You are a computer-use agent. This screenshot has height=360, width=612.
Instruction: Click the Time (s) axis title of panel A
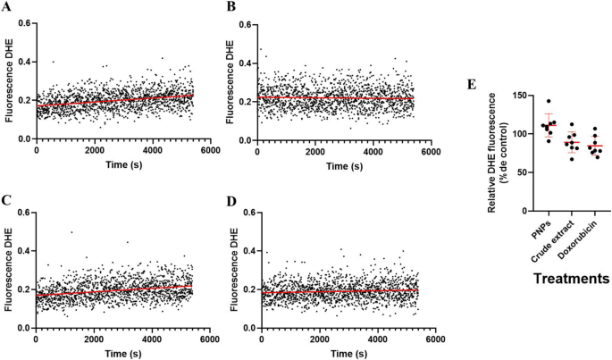click(113, 165)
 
